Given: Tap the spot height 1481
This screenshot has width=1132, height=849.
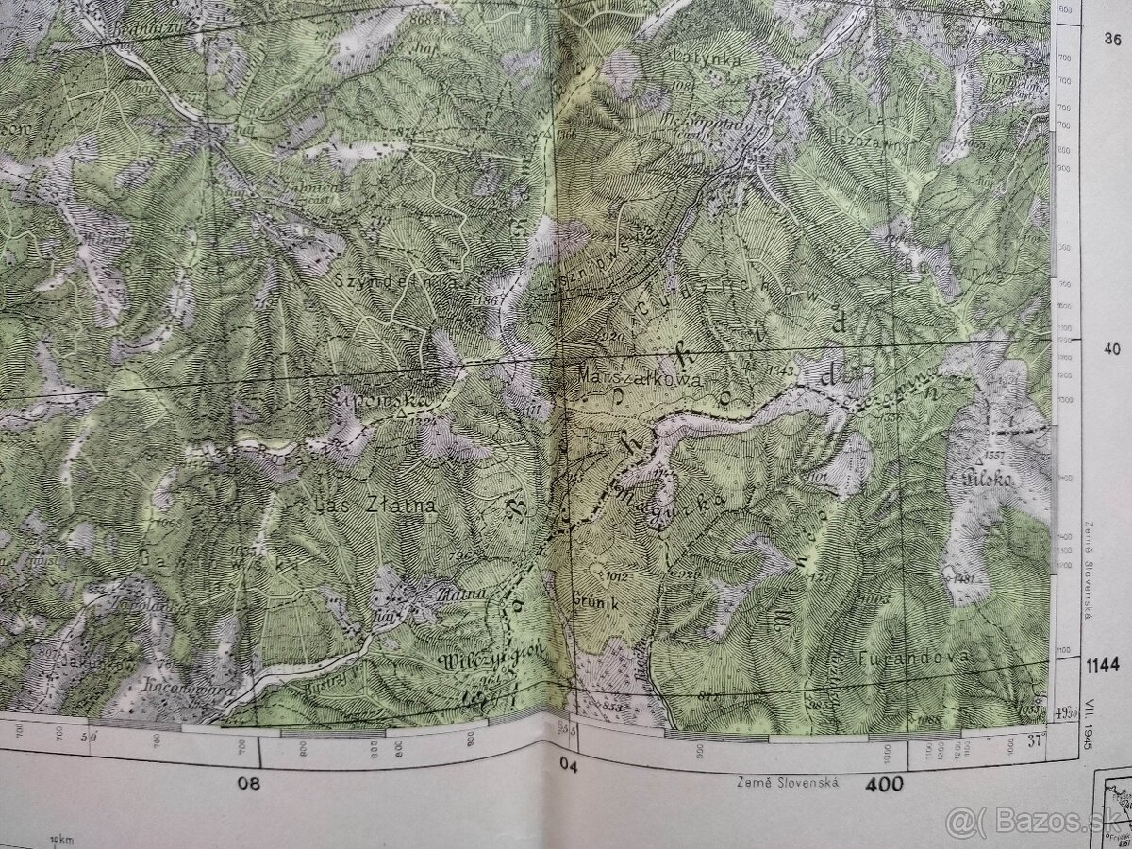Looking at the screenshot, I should click(963, 577).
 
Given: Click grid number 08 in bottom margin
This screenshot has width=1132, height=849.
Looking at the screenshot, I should click(249, 783).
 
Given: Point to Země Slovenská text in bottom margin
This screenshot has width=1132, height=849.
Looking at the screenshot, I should click(775, 782).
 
